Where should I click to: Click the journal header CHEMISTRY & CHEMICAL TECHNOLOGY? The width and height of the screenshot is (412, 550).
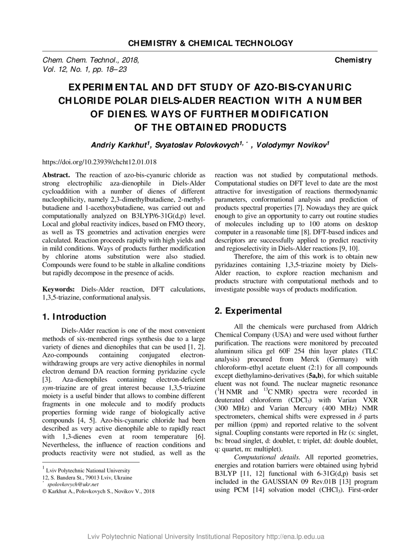point(210,43)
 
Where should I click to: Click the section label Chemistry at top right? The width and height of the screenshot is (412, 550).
point(353,60)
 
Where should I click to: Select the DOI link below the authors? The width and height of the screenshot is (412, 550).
point(99,162)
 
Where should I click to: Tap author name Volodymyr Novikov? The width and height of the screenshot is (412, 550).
point(292,145)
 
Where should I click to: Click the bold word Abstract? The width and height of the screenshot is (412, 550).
point(56,175)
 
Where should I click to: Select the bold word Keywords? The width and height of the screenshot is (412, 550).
point(59,290)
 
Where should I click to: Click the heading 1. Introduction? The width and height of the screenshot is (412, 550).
point(74,317)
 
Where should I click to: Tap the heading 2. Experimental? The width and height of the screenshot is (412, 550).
point(248,311)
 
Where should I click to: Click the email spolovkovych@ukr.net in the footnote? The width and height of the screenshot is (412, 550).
point(73,484)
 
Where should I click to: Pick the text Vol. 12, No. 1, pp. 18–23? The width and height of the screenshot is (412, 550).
point(85,69)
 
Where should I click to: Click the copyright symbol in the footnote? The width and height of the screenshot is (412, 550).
point(44,491)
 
